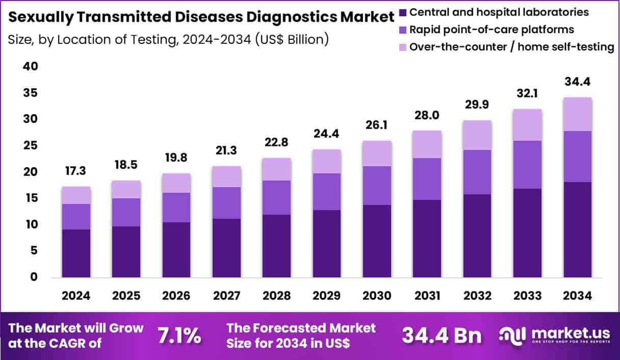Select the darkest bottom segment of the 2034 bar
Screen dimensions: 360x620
point(578,229)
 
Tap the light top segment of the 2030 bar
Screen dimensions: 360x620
point(377,153)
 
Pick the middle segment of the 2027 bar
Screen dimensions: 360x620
point(227,203)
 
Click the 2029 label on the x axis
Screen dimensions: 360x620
point(327,296)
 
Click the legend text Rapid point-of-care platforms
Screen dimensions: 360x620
point(492,30)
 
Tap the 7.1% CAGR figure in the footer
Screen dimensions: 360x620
point(179,336)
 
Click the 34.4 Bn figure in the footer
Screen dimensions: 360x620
point(442,336)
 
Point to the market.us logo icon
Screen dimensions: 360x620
point(512,336)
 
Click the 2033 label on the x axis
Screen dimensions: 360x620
point(528,296)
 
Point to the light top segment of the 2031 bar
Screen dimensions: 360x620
point(427,144)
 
